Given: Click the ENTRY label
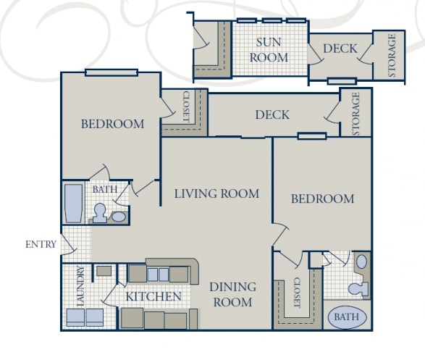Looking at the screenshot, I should coord(41,244).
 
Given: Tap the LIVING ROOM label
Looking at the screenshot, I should coord(216,193).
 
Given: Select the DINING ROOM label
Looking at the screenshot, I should coord(232,294).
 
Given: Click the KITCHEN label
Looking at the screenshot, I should coord(153,296).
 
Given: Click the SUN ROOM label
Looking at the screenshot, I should coord(269,50).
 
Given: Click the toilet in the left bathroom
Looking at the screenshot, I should coord(100,212).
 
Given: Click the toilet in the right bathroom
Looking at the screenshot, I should coord(358,288).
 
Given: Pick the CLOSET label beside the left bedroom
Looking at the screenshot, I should coord(185,106).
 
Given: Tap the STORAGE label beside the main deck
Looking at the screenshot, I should coord(355,113).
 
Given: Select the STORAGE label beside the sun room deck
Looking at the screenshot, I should coord(392,55).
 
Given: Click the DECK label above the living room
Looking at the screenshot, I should coord(272,114).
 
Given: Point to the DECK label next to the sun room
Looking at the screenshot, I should coord(340,49).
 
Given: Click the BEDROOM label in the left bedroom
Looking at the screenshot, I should coord(112,124).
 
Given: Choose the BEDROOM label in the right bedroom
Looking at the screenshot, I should coord(323,198).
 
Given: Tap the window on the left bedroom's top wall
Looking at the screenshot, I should coord(111,72).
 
